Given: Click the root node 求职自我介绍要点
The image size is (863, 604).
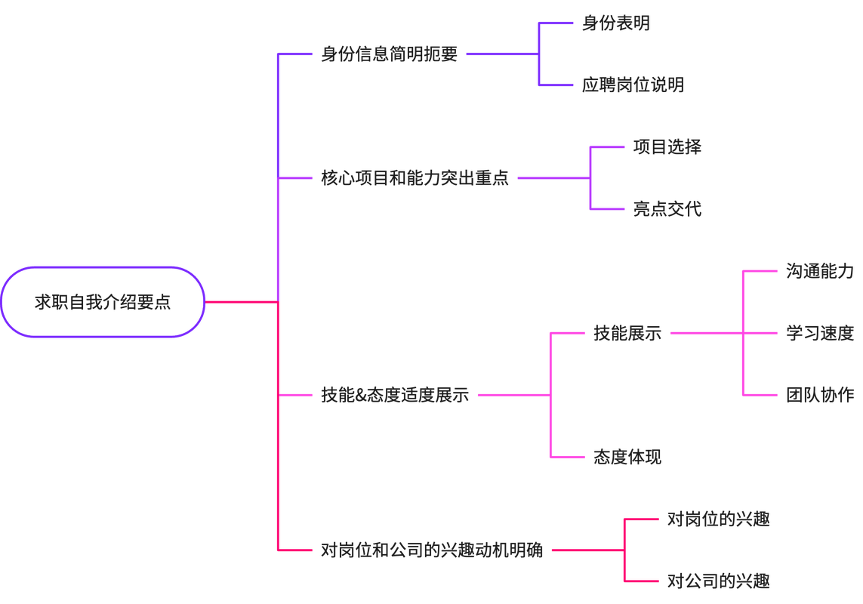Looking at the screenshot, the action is [x=103, y=302].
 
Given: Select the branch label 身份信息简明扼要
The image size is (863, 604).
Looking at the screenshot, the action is [x=389, y=54].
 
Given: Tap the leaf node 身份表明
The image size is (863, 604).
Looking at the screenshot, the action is [x=616, y=23].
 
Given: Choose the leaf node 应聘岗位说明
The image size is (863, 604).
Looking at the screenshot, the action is [x=633, y=85].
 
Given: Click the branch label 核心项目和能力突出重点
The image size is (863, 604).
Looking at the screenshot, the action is [x=415, y=178].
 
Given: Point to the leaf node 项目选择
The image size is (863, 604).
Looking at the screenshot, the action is [x=667, y=147].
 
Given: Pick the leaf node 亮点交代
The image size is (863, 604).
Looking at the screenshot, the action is [x=667, y=208].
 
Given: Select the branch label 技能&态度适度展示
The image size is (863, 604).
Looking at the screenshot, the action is [x=395, y=395].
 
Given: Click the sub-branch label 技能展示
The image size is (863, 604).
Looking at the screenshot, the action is [x=627, y=333].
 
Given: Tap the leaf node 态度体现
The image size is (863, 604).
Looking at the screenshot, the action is [x=627, y=457].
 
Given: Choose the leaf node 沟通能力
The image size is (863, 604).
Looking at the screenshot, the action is [x=820, y=271].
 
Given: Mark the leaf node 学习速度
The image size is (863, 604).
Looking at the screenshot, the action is [x=820, y=333].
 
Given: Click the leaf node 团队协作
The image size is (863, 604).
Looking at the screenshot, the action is [x=820, y=395].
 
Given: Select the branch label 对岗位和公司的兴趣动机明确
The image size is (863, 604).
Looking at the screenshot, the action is [x=432, y=550].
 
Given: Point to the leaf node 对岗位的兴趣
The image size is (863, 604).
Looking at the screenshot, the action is [x=718, y=519].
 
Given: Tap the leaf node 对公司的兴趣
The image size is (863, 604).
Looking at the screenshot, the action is [x=718, y=581].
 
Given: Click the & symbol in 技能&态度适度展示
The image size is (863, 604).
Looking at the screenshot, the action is [x=361, y=396].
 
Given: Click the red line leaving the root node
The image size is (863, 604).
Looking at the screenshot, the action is [x=242, y=302].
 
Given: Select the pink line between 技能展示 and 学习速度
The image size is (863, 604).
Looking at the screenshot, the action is [x=724, y=333].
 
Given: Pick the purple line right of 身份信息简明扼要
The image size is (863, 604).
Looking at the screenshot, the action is [x=503, y=54].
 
